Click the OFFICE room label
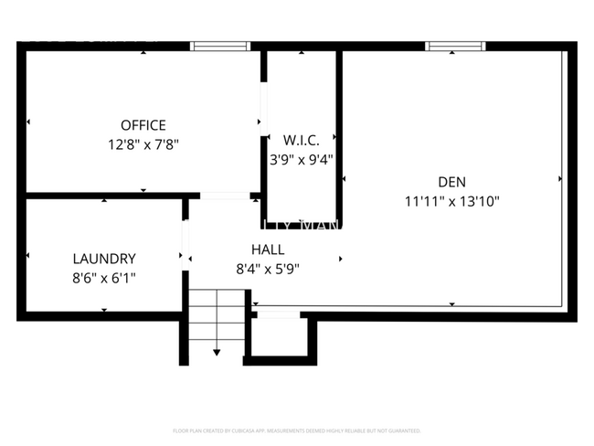[x=143, y=125]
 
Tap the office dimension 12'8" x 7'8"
[x=143, y=143]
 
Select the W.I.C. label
[x=301, y=140]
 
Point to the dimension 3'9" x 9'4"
[x=301, y=158]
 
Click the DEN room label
[x=451, y=181]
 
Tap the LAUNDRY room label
[x=104, y=259]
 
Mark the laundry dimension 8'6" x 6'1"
[x=104, y=277]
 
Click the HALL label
[x=268, y=249]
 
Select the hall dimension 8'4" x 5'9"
[x=268, y=269]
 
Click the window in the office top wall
[x=220, y=46]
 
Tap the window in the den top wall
[x=455, y=46]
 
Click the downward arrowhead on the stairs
[x=217, y=352]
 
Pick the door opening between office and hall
[x=225, y=195]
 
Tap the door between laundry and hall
[x=185, y=243]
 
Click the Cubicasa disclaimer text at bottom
[x=296, y=430]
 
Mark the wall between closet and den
[x=339, y=137]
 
